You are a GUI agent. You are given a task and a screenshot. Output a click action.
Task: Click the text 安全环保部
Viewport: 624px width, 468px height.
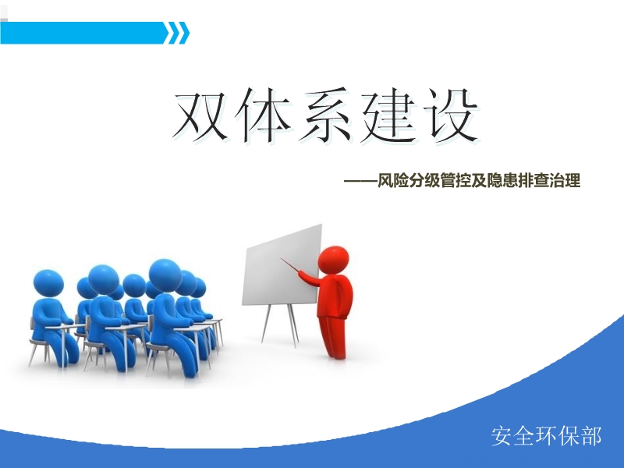[x=547, y=435]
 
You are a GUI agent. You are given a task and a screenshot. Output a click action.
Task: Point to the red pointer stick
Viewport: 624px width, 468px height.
[x=298, y=268]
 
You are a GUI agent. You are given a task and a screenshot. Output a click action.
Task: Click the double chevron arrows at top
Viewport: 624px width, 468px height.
[x=179, y=33]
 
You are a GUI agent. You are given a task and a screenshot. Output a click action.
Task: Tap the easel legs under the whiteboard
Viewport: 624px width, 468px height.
[x=281, y=324]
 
